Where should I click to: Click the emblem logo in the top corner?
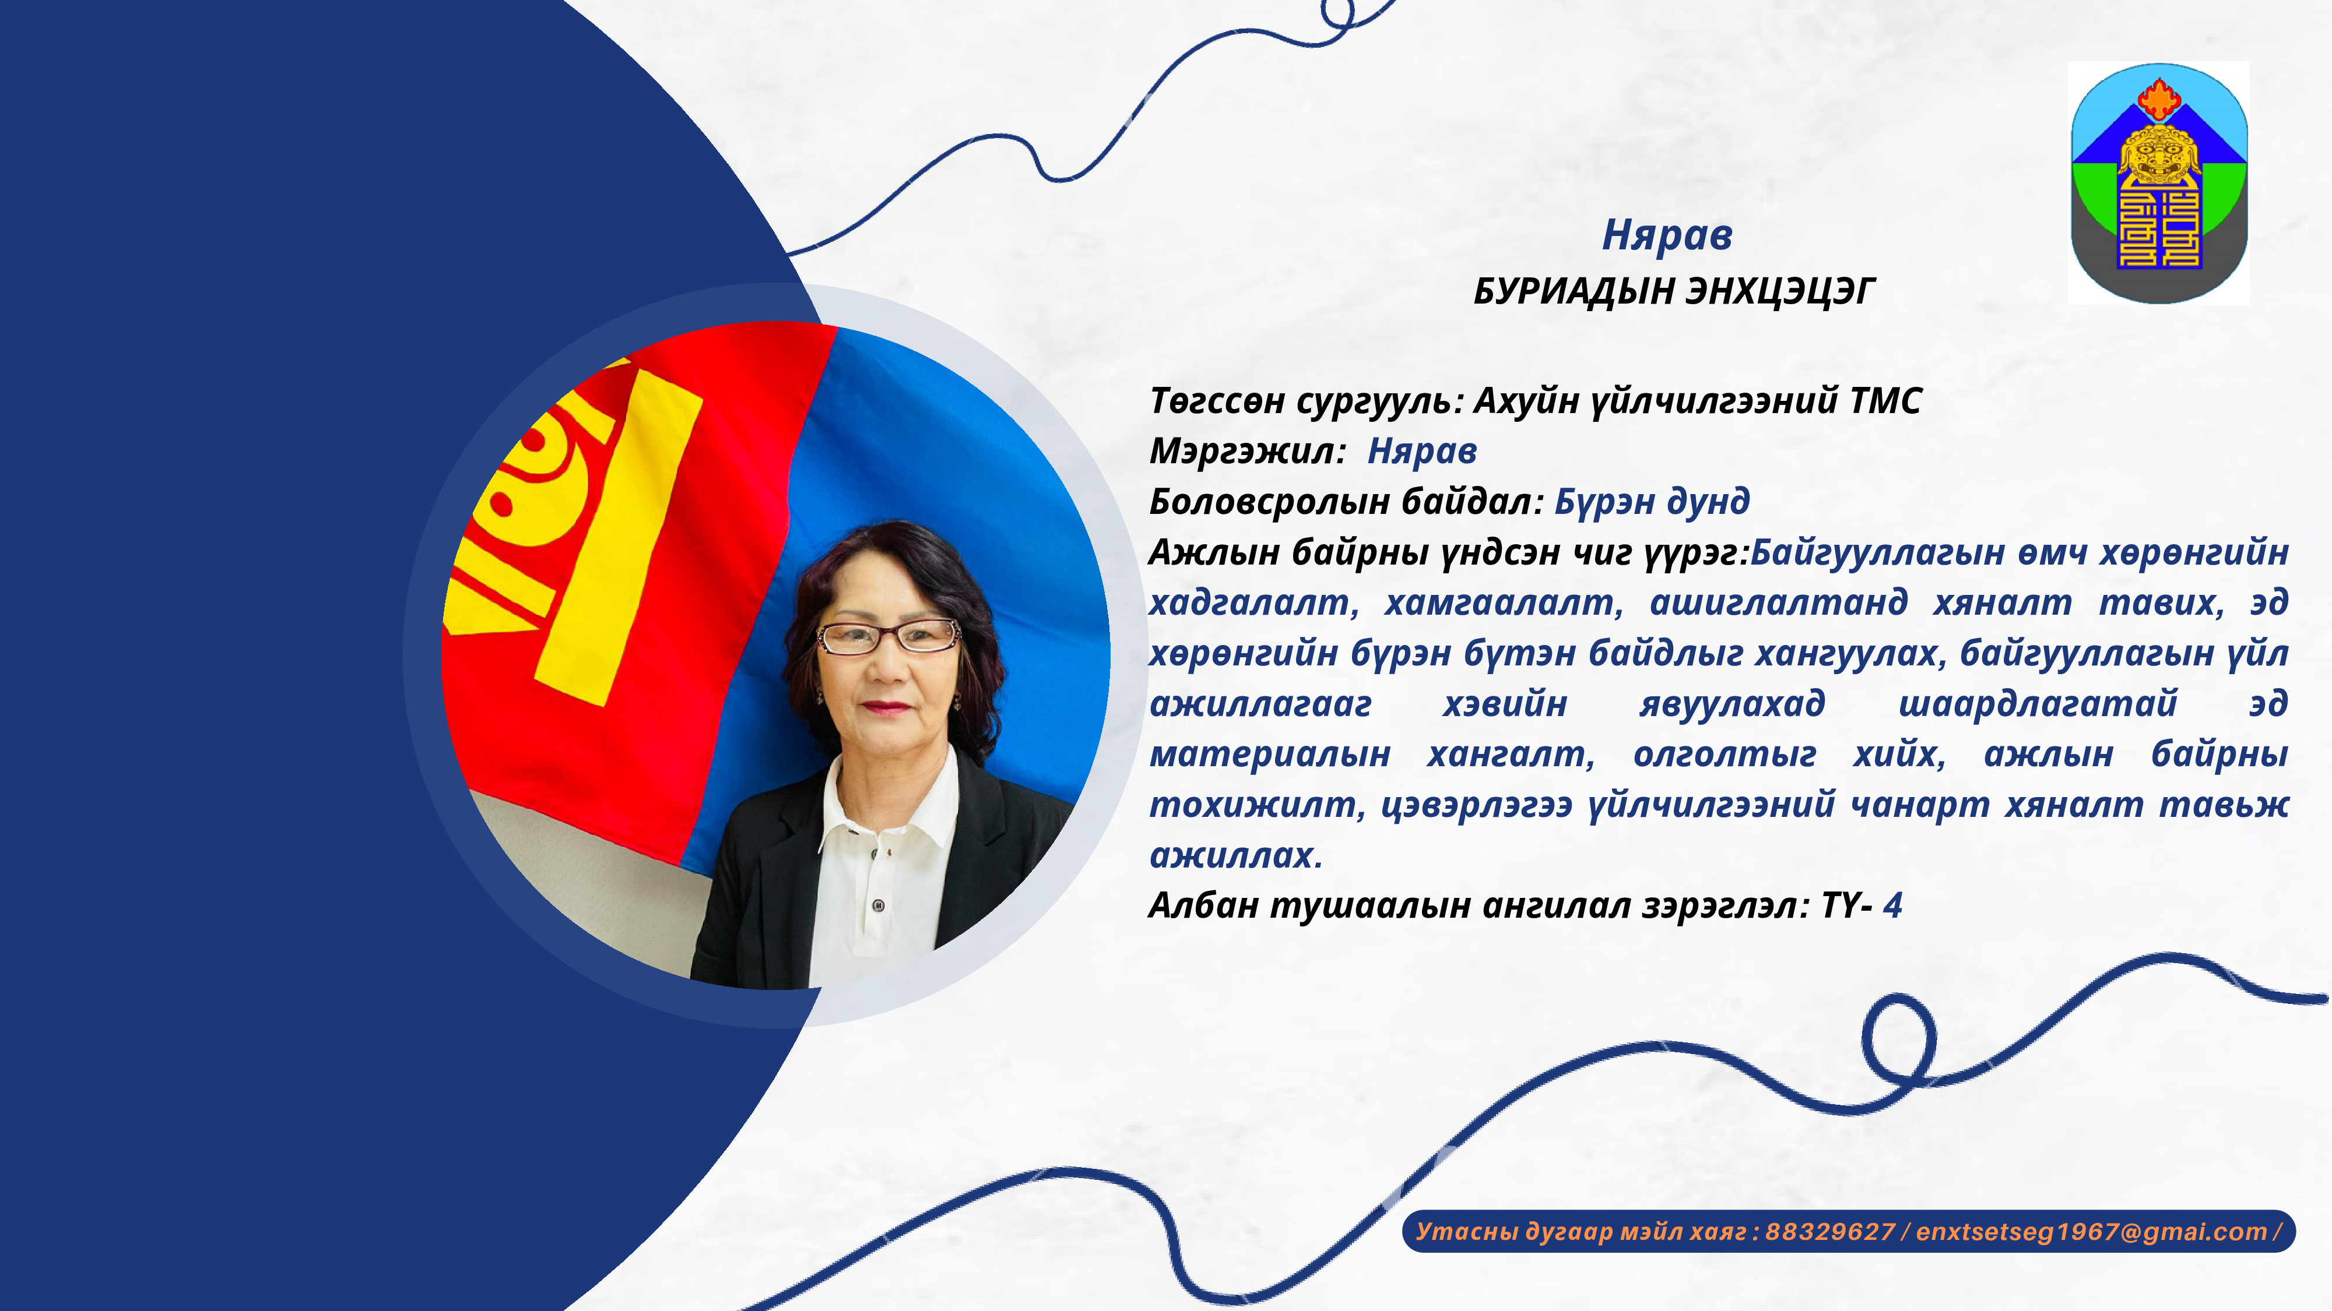coord(2159,183)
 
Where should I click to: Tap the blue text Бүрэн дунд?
coord(1652,501)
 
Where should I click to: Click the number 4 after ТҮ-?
coord(1892,905)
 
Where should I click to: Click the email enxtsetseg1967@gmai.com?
coord(2091,1231)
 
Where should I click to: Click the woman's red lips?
coord(886,707)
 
